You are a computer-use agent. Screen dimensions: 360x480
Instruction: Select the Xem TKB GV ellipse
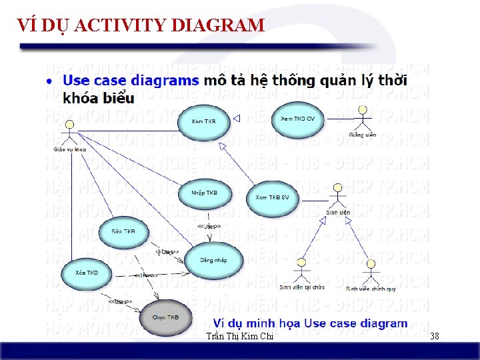[x=298, y=119]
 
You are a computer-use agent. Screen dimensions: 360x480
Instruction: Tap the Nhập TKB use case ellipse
[x=204, y=194]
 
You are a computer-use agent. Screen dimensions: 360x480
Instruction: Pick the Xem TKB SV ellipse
[x=273, y=198]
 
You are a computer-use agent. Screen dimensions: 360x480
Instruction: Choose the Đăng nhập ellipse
[x=213, y=261]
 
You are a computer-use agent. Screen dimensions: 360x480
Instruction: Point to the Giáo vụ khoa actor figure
[x=69, y=132]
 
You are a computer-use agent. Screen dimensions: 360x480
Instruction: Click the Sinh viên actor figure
[x=338, y=196]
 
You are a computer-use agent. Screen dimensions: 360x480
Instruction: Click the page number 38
[x=435, y=337]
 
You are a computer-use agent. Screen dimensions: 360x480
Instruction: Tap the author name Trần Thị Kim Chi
[x=240, y=337]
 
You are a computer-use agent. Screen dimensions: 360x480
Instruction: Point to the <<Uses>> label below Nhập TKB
[x=209, y=227]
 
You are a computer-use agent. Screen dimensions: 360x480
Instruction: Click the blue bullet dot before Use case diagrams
[x=50, y=81]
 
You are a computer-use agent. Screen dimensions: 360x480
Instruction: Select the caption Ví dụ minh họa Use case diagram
[x=305, y=323]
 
